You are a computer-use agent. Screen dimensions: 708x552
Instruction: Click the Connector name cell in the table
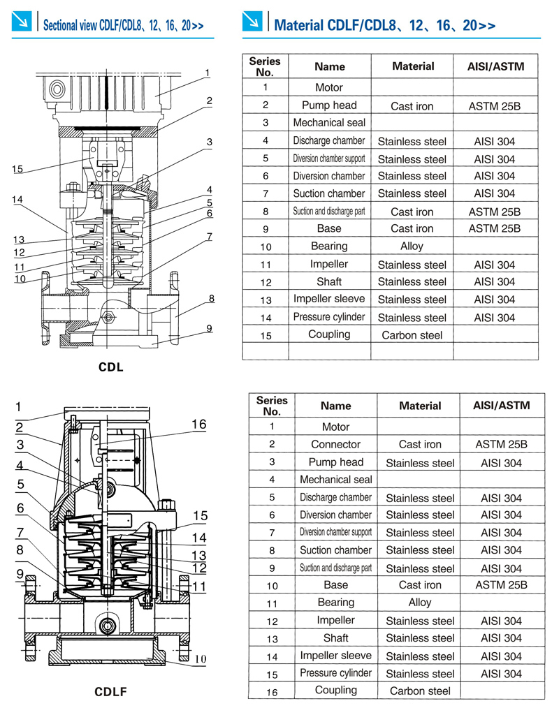335,444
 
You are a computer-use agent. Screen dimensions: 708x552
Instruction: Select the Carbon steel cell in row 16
419,691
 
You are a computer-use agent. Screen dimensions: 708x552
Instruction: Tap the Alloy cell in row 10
412,246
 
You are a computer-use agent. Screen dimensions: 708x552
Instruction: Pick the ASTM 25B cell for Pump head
494,106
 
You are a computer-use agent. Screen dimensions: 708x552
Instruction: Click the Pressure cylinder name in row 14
328,317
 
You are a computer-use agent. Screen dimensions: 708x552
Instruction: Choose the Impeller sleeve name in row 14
335,656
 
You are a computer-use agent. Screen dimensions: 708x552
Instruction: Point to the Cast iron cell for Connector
419,444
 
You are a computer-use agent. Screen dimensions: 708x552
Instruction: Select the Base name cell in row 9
328,228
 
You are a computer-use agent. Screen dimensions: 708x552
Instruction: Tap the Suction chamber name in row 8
335,550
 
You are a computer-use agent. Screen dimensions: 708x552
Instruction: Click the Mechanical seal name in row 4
335,480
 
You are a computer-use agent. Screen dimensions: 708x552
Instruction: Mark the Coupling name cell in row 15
328,334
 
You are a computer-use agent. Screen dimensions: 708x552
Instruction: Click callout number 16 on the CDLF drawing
198,425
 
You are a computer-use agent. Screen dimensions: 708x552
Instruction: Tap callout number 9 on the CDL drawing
209,328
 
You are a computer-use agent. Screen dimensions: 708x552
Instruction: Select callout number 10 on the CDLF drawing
200,658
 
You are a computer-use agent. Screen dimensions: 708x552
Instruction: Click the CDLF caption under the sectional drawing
111,692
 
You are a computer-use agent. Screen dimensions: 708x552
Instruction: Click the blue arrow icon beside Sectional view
22,23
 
